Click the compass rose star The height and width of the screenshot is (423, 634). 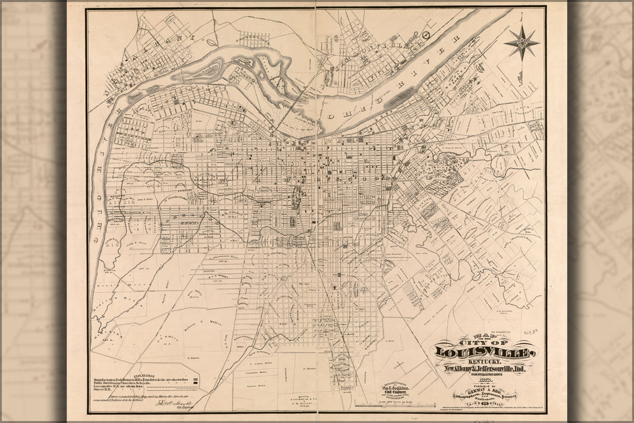coord(522,42)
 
